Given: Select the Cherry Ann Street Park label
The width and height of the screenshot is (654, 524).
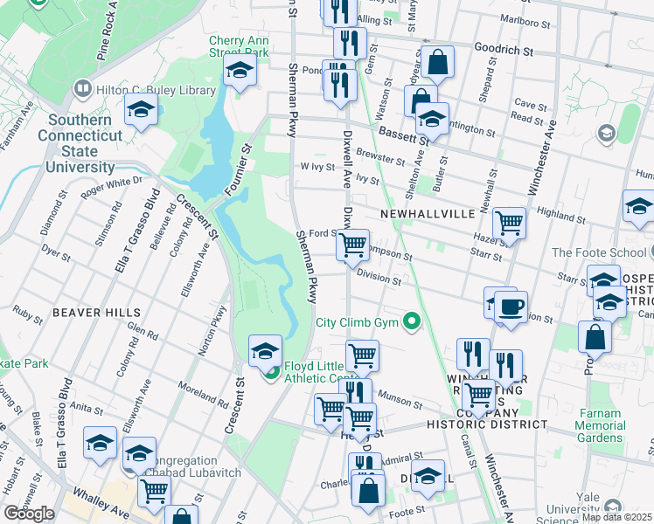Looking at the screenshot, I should tap(238, 46).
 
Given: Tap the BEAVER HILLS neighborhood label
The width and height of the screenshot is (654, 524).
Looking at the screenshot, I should tap(96, 312).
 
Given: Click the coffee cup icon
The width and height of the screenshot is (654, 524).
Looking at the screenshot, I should tap(511, 307).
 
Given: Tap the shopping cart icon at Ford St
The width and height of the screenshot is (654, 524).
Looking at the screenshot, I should tap(353, 245).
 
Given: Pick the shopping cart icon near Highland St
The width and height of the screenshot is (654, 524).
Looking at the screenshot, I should tap(508, 223).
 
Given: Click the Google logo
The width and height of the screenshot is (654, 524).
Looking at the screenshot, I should tap(30, 514).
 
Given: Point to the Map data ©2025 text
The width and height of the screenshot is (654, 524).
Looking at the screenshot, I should tap(616, 517).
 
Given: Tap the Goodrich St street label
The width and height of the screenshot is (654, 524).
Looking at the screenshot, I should tap(504, 51).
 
